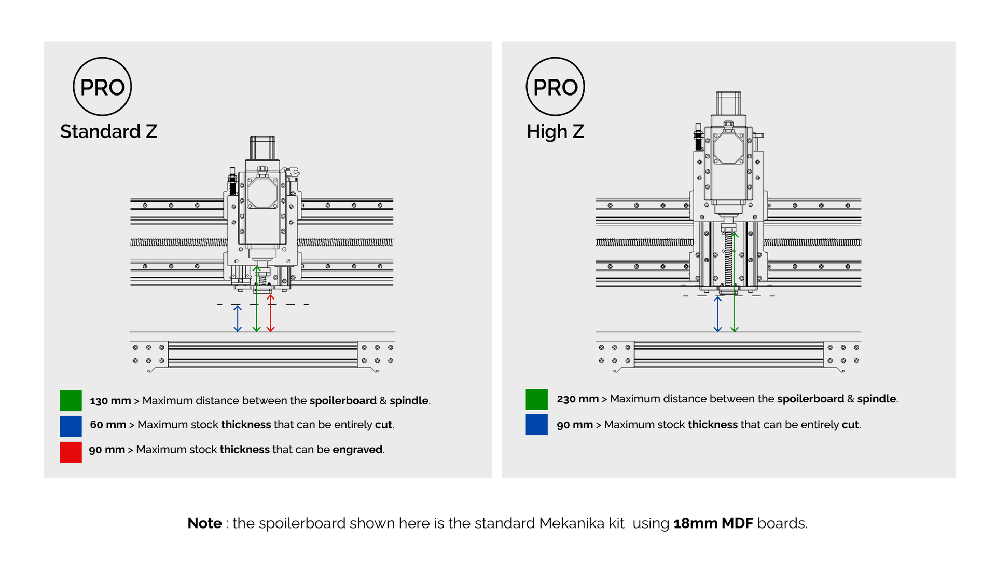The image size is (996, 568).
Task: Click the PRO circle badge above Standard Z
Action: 102,87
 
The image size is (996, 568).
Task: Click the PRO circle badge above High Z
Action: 555,87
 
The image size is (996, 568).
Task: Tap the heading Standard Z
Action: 108,131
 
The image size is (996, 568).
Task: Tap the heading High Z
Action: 555,131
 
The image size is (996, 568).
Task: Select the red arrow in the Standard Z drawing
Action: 270,314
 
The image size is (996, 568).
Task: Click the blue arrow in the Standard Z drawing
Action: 238,318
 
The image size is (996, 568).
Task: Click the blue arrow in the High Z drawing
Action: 717,314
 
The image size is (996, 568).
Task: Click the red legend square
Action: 71,452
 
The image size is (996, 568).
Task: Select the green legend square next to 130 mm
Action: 71,400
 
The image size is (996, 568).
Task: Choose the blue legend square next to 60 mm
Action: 71,426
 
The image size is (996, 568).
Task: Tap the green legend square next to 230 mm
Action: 536,399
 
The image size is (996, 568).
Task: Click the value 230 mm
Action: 577,399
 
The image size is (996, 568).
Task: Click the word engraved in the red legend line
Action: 357,450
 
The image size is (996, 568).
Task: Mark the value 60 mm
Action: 108,425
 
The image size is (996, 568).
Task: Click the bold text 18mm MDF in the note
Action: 713,523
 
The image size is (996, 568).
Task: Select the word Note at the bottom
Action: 204,523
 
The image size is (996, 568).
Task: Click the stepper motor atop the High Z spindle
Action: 728,103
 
